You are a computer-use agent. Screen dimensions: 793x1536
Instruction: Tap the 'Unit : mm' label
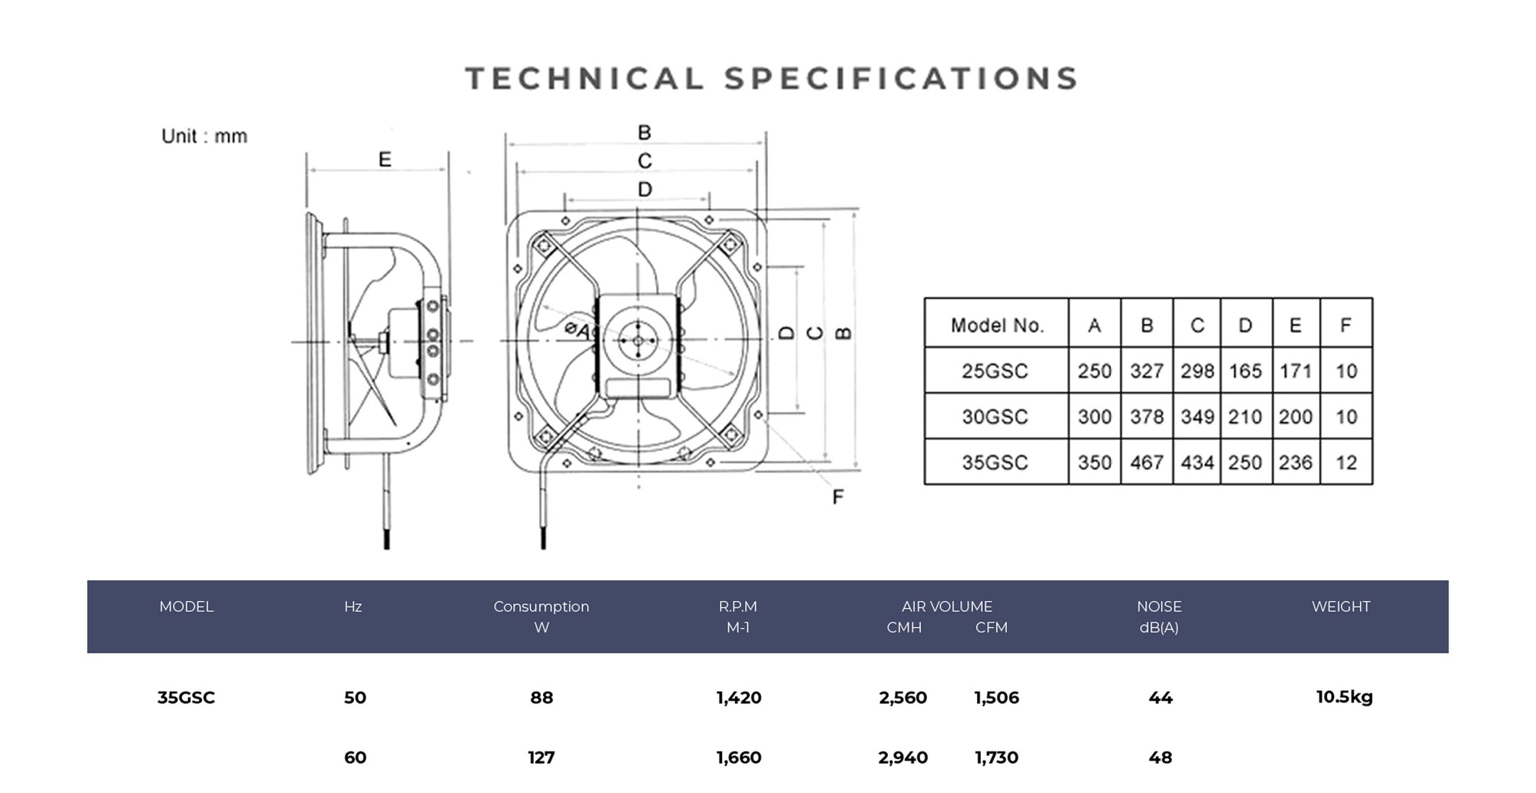[204, 137]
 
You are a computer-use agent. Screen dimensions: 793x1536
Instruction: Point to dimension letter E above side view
[385, 160]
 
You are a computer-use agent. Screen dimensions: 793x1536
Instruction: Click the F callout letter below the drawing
[838, 497]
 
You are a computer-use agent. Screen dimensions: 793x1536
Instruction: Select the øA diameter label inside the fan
[578, 330]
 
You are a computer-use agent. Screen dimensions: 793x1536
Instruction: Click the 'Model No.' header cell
[996, 325]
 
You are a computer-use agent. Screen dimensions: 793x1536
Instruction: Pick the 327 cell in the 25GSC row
[1146, 371]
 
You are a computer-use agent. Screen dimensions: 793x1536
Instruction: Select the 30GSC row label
[995, 417]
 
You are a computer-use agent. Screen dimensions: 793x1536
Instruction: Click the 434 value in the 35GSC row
[1197, 463]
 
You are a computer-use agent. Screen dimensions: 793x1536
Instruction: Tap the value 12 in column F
[1346, 463]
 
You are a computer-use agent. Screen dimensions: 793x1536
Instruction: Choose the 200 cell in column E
[1295, 417]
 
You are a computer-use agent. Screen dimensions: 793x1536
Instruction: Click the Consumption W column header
[541, 616]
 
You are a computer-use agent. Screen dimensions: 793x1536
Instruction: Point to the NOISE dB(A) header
[1159, 616]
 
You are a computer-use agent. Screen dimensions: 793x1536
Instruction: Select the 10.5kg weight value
[1344, 697]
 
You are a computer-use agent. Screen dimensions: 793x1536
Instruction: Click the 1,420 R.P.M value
[738, 698]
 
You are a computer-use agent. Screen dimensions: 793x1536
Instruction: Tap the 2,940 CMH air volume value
[902, 758]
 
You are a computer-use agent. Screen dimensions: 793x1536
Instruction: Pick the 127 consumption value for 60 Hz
[541, 758]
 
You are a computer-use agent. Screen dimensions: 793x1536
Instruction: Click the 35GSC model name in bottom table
[186, 698]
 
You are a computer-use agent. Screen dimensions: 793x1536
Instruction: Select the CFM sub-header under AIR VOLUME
[991, 627]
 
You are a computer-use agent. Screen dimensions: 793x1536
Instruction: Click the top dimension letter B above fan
[644, 133]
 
